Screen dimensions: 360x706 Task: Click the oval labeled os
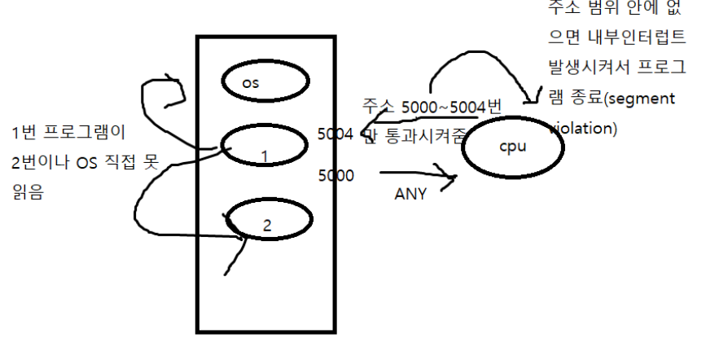[266, 82]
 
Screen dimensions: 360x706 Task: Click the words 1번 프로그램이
[61, 133]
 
